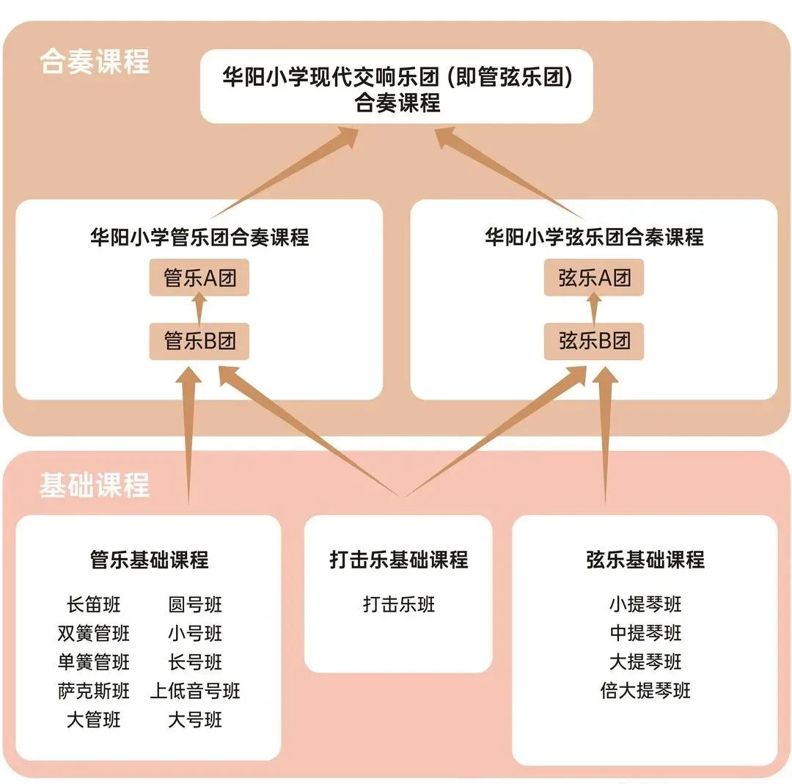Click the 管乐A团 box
(199, 277)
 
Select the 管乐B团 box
(199, 341)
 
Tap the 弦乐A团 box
(593, 277)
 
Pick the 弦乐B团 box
(593, 341)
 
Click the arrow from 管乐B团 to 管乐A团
(199, 309)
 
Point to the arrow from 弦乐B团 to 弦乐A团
(594, 309)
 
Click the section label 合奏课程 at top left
(95, 62)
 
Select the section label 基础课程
(95, 485)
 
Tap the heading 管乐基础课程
(149, 559)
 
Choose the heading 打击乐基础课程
(398, 559)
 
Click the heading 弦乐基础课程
(645, 559)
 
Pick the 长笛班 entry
(93, 604)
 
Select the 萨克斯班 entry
(93, 691)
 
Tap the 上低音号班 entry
(195, 691)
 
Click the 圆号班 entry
(195, 604)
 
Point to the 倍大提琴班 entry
(645, 691)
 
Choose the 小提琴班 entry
(645, 604)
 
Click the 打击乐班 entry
(398, 604)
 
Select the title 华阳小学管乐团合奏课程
(199, 237)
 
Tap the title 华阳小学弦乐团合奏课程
(594, 237)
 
